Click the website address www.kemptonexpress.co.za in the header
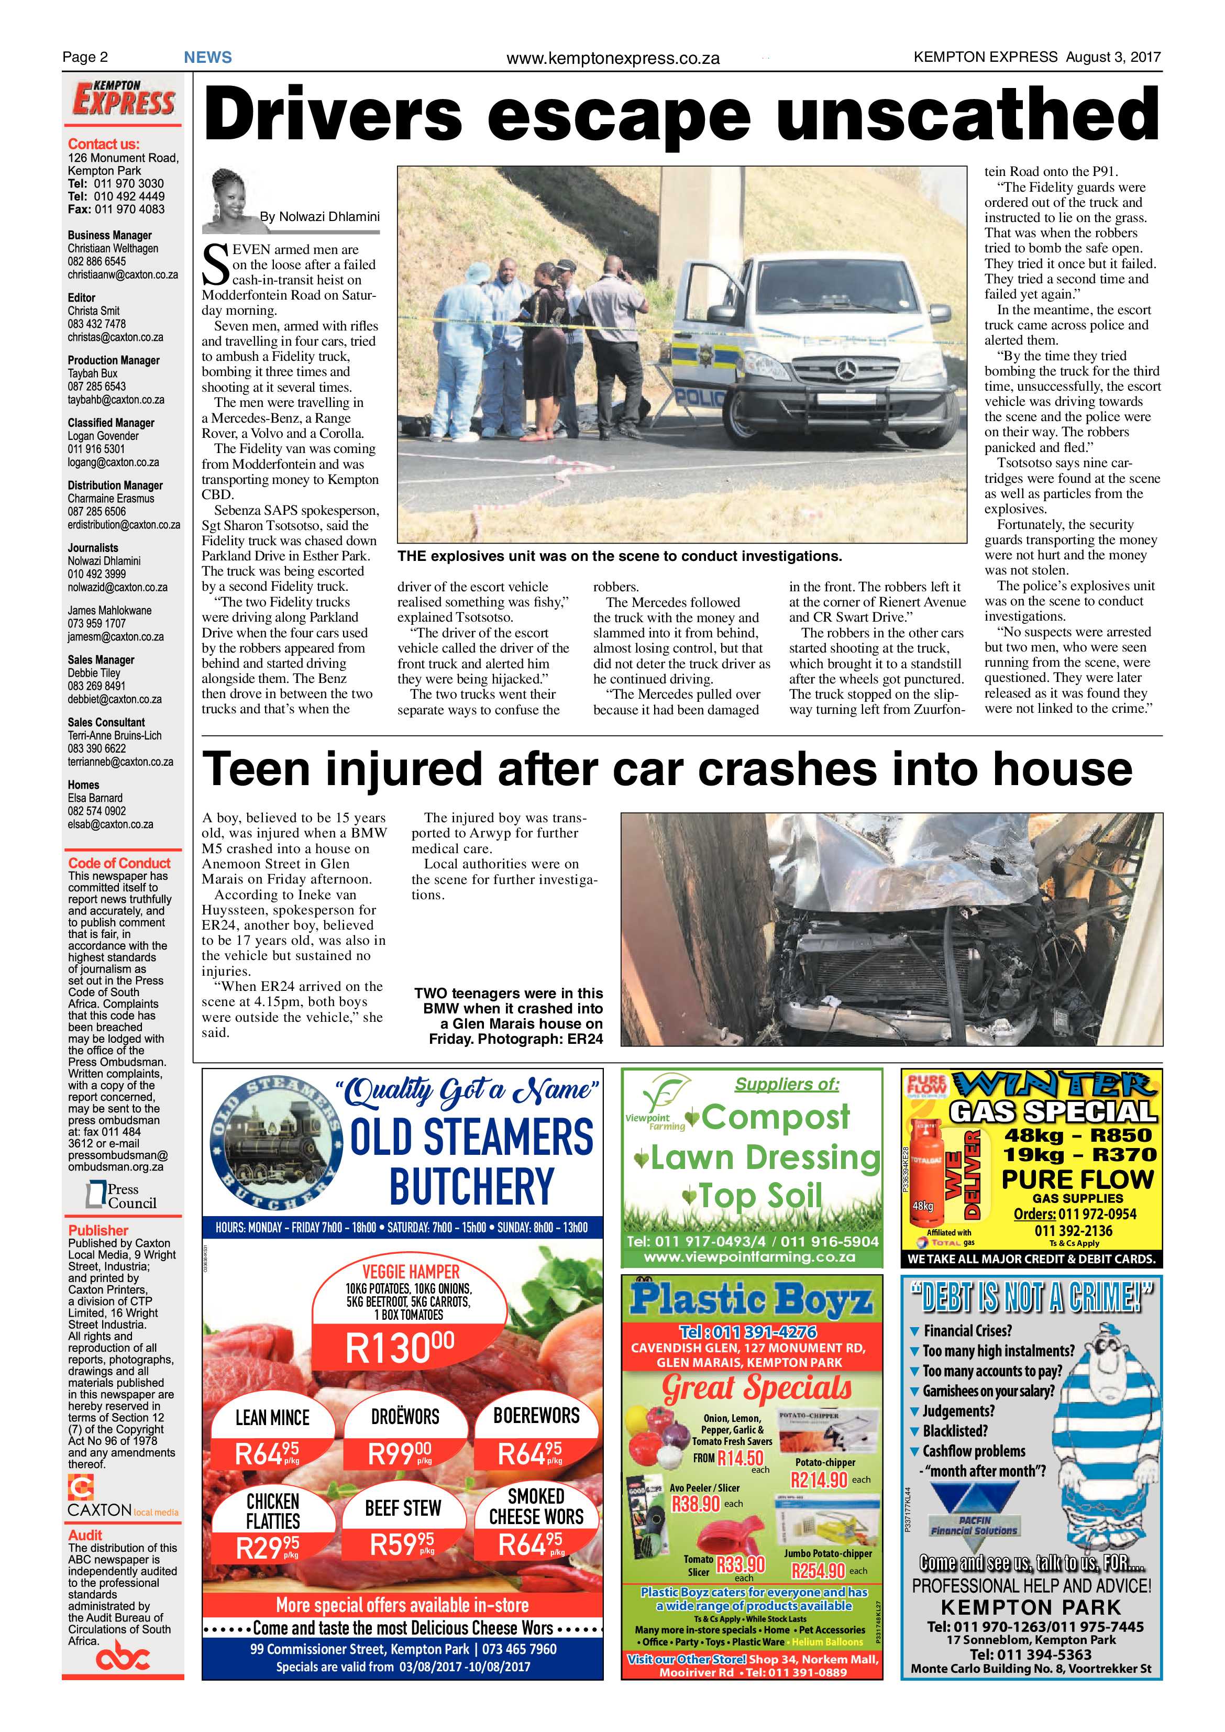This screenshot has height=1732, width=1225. pos(613,58)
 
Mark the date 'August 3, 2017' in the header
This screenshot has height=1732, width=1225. pos(1112,57)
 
